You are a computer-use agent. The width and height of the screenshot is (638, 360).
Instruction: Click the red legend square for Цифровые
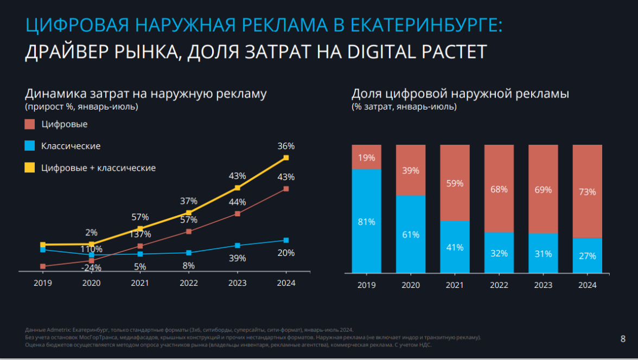coord(30,124)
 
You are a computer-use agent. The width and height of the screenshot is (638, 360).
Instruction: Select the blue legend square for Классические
coord(30,146)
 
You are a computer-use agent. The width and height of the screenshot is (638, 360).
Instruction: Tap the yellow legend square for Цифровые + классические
coord(30,168)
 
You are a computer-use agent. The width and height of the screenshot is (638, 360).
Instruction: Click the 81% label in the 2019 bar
coord(366,221)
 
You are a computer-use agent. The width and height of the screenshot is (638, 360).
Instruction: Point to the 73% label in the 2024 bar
coord(588,191)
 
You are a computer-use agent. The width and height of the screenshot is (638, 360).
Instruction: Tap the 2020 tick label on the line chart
coord(91,283)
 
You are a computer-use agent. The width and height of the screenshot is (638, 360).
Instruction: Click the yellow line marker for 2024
coord(286,158)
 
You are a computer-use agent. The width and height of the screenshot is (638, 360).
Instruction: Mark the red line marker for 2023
coord(237,214)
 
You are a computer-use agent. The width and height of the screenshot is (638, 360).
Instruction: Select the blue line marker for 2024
coord(286,240)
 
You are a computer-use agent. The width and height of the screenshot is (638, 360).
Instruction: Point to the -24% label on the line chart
coord(92,267)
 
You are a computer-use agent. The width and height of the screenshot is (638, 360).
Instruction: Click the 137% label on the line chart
coord(140,234)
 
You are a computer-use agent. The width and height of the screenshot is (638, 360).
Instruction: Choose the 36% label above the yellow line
coord(286,146)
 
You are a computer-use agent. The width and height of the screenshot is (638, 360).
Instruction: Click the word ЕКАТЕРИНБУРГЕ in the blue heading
coord(426,25)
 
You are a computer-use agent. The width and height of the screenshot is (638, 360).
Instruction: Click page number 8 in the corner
coord(622,339)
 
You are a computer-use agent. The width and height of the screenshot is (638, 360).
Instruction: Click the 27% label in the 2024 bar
coord(588,256)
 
